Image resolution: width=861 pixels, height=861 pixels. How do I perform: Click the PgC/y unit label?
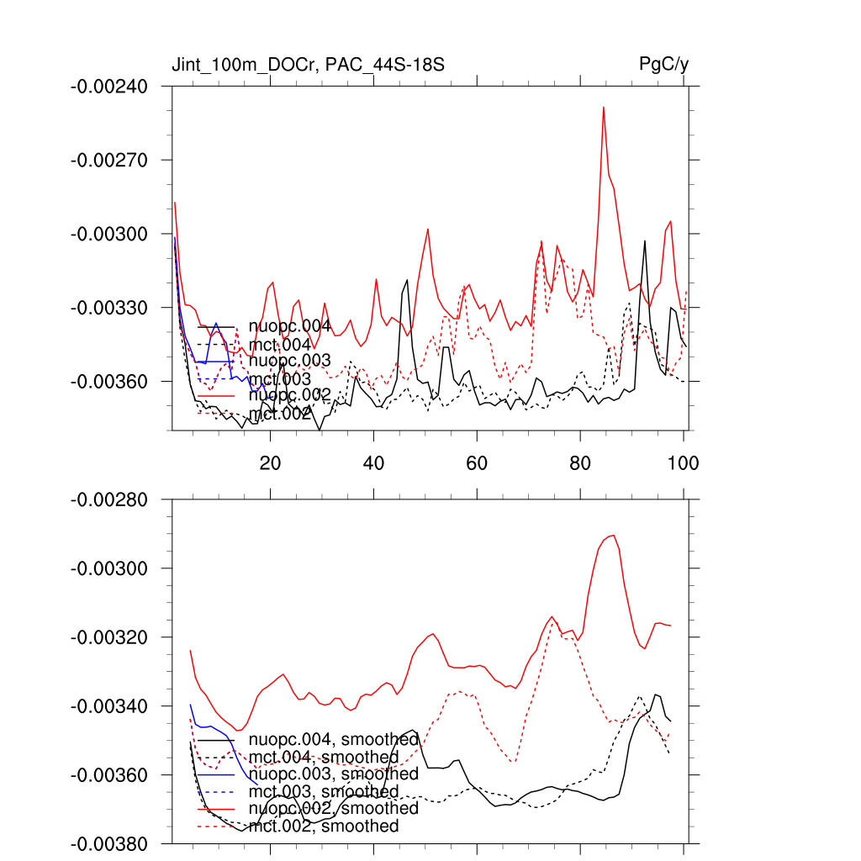(x=664, y=65)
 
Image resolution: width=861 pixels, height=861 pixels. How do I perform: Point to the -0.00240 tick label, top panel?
(x=109, y=87)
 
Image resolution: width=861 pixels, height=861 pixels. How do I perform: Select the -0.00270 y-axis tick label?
(x=109, y=160)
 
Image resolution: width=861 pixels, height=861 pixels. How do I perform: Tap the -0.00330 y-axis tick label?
(x=109, y=308)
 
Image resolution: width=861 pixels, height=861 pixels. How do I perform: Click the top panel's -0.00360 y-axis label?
(x=109, y=382)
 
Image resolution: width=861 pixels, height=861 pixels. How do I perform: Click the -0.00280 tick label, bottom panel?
(x=109, y=500)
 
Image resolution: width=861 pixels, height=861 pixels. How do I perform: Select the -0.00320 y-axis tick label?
(x=109, y=637)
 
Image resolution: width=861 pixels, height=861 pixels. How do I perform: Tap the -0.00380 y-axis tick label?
(x=109, y=843)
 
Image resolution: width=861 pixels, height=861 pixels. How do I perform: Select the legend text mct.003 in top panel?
(x=280, y=379)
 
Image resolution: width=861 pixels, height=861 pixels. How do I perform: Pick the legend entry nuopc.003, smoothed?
(x=334, y=774)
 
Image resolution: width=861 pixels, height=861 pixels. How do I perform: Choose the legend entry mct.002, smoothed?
(x=324, y=827)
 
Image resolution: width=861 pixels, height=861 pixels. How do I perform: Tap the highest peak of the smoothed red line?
(x=614, y=535)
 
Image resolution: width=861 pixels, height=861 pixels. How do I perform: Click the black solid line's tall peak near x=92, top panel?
(x=645, y=241)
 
